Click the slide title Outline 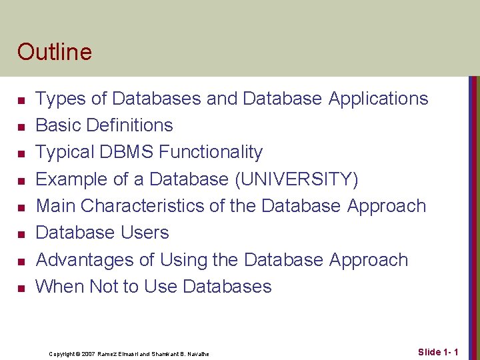click(x=55, y=51)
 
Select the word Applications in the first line click(x=378, y=99)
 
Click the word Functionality click(x=212, y=153)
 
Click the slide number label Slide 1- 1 click(x=438, y=352)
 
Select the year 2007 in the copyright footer click(x=88, y=354)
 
